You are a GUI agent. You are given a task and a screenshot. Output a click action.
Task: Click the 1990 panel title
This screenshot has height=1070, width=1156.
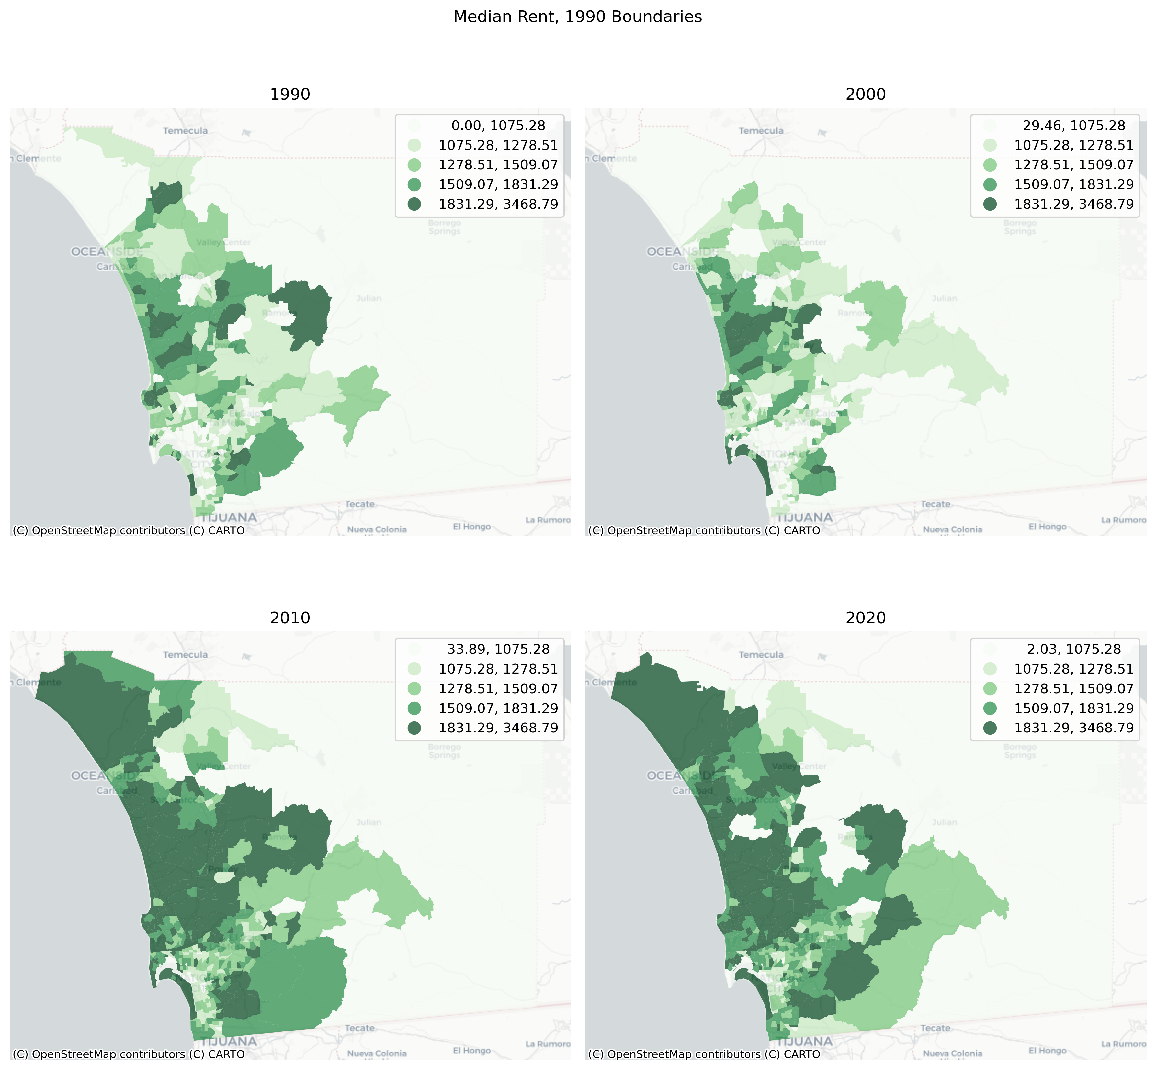click(x=290, y=95)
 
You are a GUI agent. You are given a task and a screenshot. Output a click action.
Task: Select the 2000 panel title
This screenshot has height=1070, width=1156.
click(x=866, y=95)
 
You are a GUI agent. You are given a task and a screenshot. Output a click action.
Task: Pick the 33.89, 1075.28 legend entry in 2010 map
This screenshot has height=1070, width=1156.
click(x=498, y=649)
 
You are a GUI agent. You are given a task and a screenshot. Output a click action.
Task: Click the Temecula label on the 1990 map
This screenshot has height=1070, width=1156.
click(x=185, y=131)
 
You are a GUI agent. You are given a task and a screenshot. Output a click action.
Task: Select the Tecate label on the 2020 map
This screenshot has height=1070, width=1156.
click(x=935, y=1028)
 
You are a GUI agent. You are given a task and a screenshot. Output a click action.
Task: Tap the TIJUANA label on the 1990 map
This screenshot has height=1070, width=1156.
click(x=228, y=517)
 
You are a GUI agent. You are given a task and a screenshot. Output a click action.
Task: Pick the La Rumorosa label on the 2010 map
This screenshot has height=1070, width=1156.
click(x=547, y=1044)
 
